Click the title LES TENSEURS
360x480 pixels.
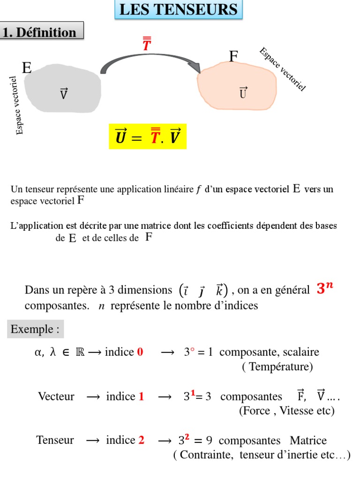pyautogui.click(x=179, y=9)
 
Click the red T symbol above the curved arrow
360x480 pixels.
pyautogui.click(x=147, y=45)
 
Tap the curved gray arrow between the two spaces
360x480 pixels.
pyautogui.click(x=150, y=61)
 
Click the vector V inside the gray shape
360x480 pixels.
pyautogui.click(x=64, y=94)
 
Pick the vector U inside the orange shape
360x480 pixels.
pyautogui.click(x=243, y=92)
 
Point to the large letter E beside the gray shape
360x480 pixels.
pyautogui.click(x=27, y=68)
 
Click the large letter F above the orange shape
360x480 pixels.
pyautogui.click(x=233, y=57)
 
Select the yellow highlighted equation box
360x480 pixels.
pyautogui.click(x=148, y=137)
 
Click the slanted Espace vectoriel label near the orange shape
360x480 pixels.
pyautogui.click(x=282, y=69)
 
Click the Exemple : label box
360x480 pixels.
pyautogui.click(x=36, y=329)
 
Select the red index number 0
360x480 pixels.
pyautogui.click(x=140, y=352)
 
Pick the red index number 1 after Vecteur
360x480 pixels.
pyautogui.click(x=141, y=397)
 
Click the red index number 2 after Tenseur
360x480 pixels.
pyautogui.click(x=141, y=440)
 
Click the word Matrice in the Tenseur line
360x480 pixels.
pyautogui.click(x=308, y=441)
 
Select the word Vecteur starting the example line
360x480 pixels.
pyautogui.click(x=56, y=397)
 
